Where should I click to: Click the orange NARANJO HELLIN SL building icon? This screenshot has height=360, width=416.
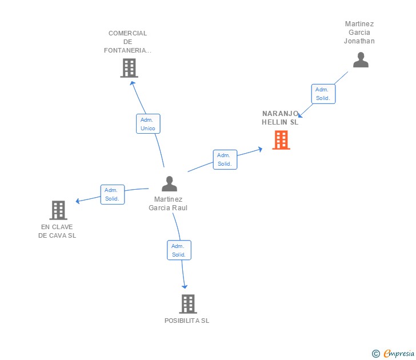point(281,140)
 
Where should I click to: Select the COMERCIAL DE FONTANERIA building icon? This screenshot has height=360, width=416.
point(129,68)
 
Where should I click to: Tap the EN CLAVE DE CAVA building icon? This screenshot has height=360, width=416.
point(58,210)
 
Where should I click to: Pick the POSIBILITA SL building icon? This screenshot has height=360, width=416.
point(187,304)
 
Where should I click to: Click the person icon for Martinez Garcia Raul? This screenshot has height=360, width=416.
point(169,184)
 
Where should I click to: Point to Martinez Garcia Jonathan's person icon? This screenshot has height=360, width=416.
point(361,60)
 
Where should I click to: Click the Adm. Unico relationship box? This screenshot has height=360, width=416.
point(148,124)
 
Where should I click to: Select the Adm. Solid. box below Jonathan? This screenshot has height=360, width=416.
point(323,94)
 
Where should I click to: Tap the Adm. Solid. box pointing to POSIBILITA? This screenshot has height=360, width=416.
point(179,250)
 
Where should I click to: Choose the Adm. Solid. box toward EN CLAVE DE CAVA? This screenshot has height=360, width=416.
point(112,194)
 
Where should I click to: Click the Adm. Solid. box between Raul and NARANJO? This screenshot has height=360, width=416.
point(225,159)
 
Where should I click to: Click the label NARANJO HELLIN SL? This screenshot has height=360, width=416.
point(280,118)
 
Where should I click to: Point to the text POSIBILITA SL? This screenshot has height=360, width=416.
point(187,321)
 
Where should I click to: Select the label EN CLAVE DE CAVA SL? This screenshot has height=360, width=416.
point(57,231)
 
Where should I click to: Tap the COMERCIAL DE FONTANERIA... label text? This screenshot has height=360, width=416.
point(128,42)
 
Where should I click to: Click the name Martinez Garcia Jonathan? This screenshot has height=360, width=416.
point(359,33)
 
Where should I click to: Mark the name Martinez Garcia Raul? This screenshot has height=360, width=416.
point(168,203)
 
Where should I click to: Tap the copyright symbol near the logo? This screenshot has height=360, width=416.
point(375,354)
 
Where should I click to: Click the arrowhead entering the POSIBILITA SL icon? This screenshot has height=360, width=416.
point(185,286)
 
